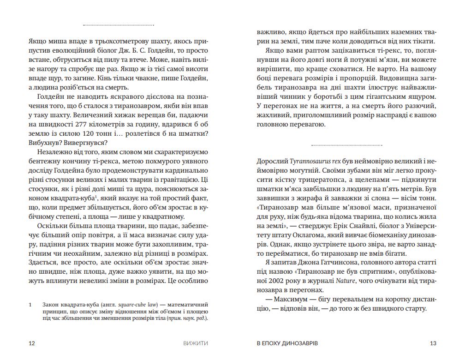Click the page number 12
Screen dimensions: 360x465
(x=31, y=343)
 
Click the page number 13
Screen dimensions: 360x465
(x=433, y=343)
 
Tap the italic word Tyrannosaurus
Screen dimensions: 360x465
(x=310, y=162)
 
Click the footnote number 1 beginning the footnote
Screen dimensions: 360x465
(x=30, y=305)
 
